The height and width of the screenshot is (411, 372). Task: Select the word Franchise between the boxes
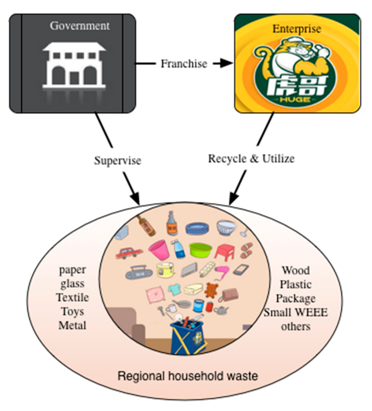[184, 63]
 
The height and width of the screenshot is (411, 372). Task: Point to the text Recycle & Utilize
[251, 159]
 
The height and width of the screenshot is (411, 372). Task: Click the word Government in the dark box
[80, 26]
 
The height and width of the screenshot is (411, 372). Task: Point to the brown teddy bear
[210, 290]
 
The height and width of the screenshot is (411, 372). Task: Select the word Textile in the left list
[73, 298]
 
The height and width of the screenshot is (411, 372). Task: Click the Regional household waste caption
[187, 375]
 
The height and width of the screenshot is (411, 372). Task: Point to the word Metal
[72, 325]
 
